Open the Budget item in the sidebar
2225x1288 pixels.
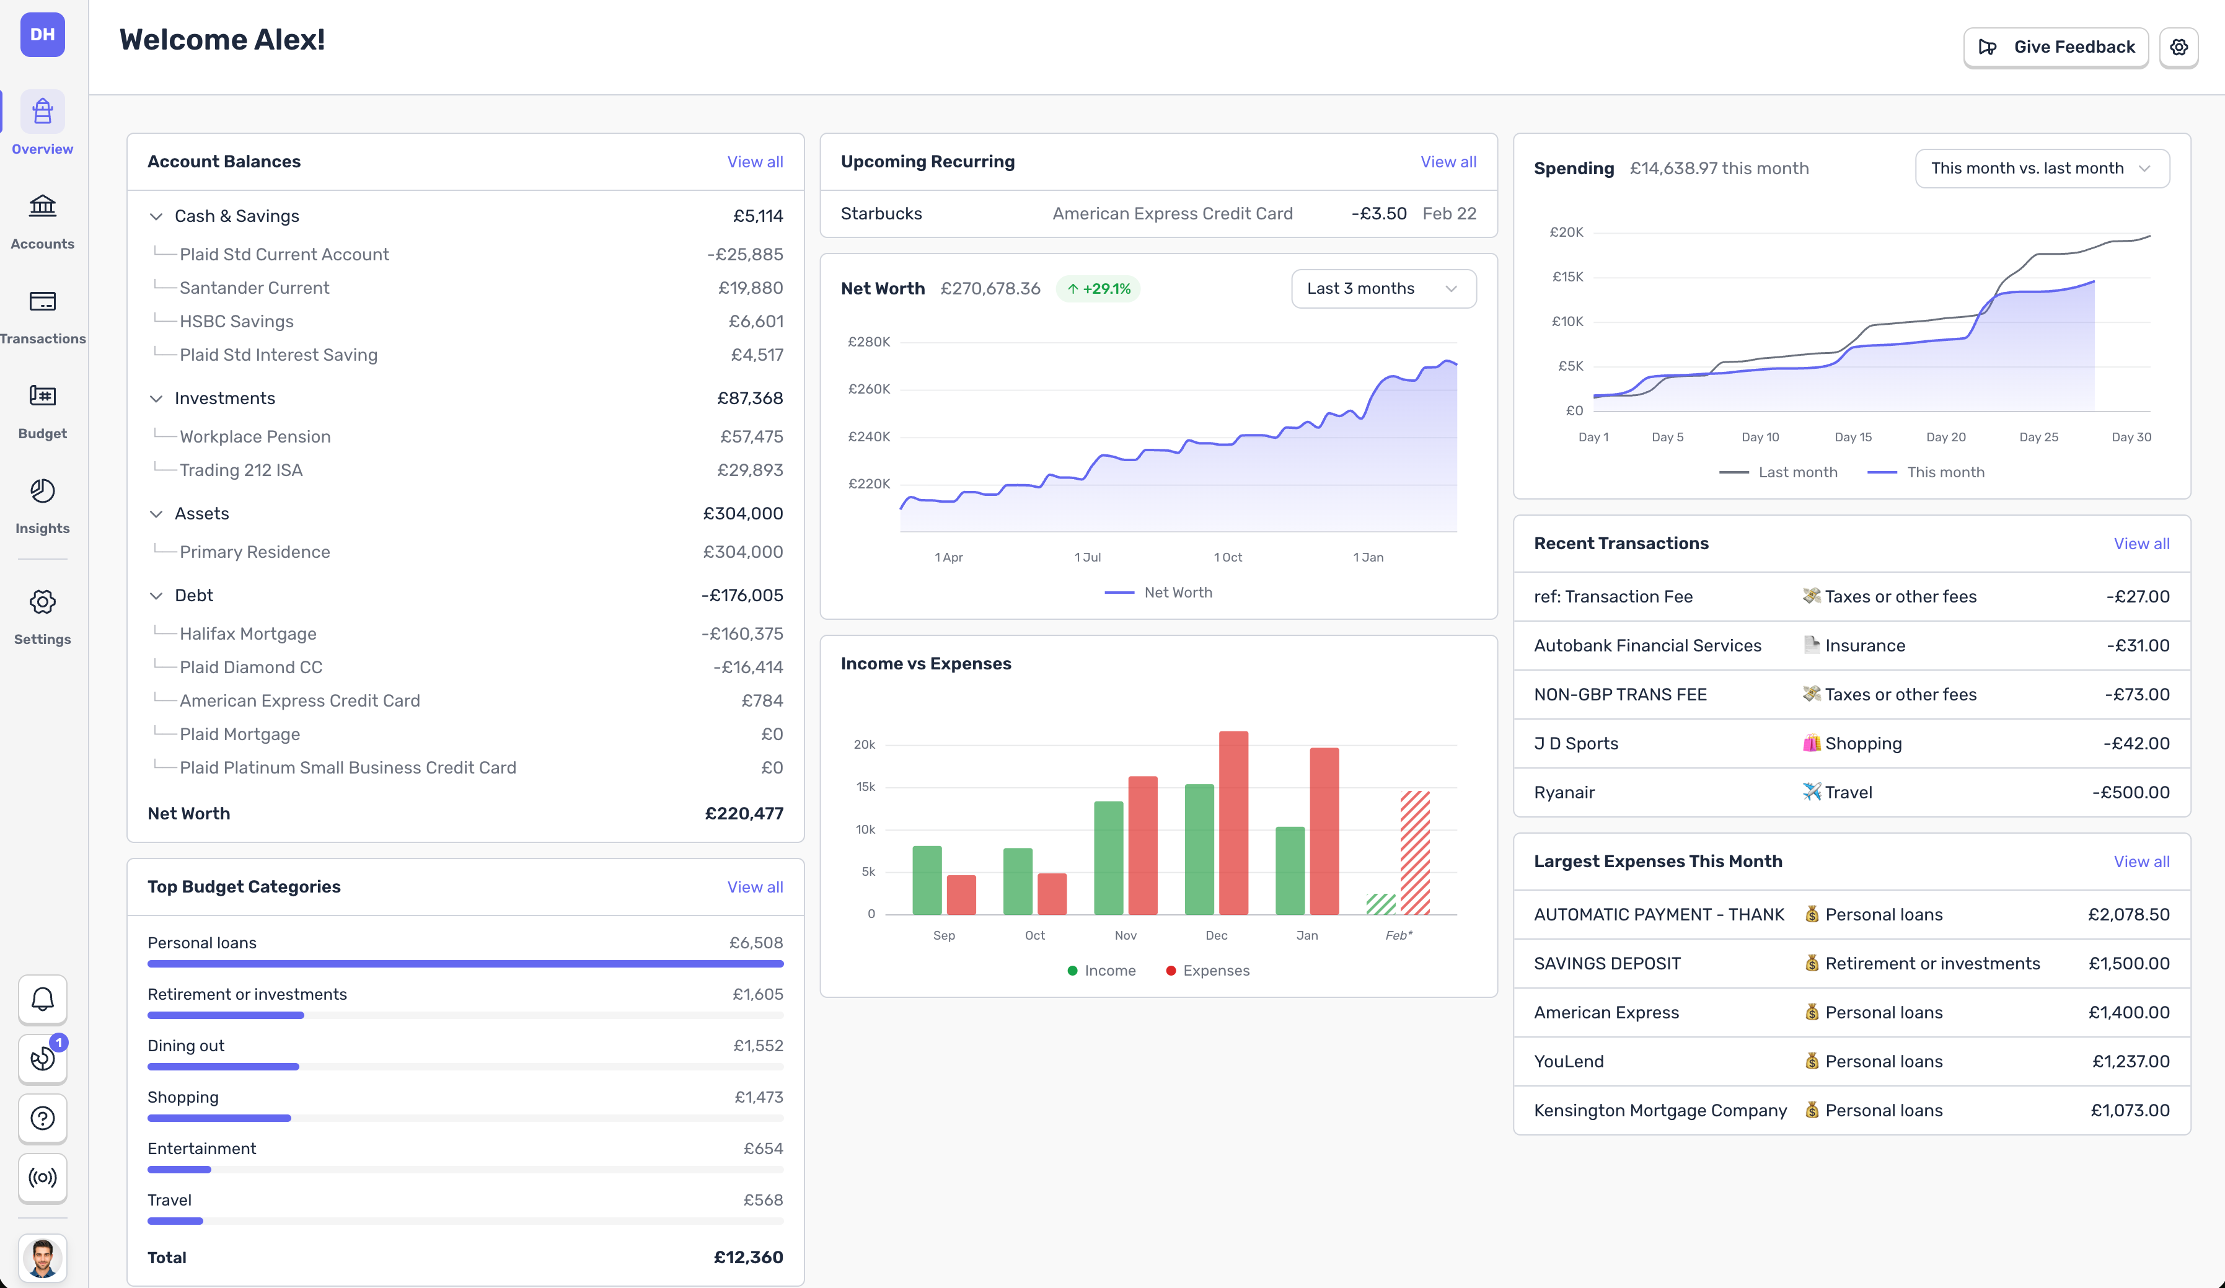point(42,410)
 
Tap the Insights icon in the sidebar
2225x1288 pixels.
point(42,492)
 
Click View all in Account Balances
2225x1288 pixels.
point(754,162)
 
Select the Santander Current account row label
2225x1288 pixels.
point(254,288)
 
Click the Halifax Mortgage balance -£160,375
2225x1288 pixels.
point(742,634)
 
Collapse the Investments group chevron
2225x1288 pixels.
point(156,399)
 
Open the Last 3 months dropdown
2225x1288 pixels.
point(1383,289)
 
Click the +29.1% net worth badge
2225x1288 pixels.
point(1098,289)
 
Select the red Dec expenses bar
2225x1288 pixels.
point(1233,821)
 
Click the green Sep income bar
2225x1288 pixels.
point(926,880)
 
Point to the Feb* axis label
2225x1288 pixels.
point(1398,935)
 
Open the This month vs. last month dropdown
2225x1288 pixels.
point(2042,169)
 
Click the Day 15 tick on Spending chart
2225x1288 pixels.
point(1853,437)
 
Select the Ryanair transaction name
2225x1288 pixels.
point(1564,793)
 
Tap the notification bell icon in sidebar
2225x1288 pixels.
point(42,999)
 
